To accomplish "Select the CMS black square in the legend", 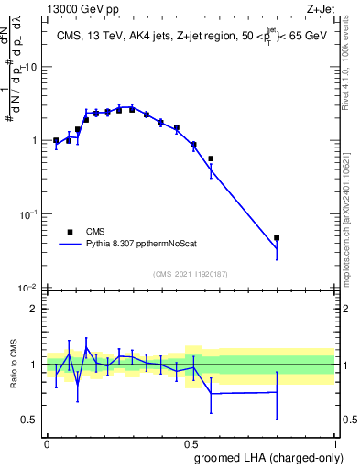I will [70, 232].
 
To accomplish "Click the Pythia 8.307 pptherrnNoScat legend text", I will [139, 245].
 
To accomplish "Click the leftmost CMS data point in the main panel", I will [56, 141].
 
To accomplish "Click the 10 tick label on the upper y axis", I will [31, 67].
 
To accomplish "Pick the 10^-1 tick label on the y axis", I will [29, 214].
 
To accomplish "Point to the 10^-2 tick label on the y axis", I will [29, 288].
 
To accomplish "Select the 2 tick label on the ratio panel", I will [35, 309].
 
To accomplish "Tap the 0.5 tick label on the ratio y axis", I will [30, 420].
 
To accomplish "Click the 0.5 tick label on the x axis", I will [191, 442].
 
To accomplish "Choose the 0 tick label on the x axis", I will [47, 442].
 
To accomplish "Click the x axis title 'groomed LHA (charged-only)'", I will [266, 458].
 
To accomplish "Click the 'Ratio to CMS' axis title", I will [12, 364].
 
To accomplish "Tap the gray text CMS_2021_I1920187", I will [191, 274].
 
